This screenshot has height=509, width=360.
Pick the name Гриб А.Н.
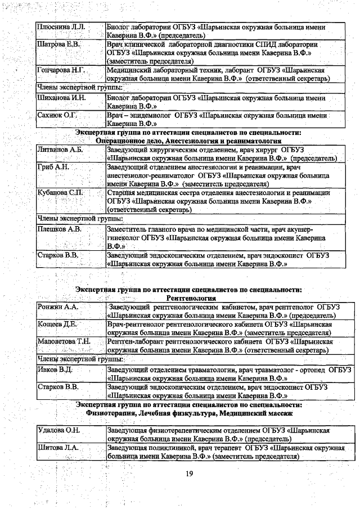point(53,168)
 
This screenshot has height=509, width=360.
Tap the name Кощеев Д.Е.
point(57,325)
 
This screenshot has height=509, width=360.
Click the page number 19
point(190,479)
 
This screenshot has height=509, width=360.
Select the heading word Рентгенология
point(191,298)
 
